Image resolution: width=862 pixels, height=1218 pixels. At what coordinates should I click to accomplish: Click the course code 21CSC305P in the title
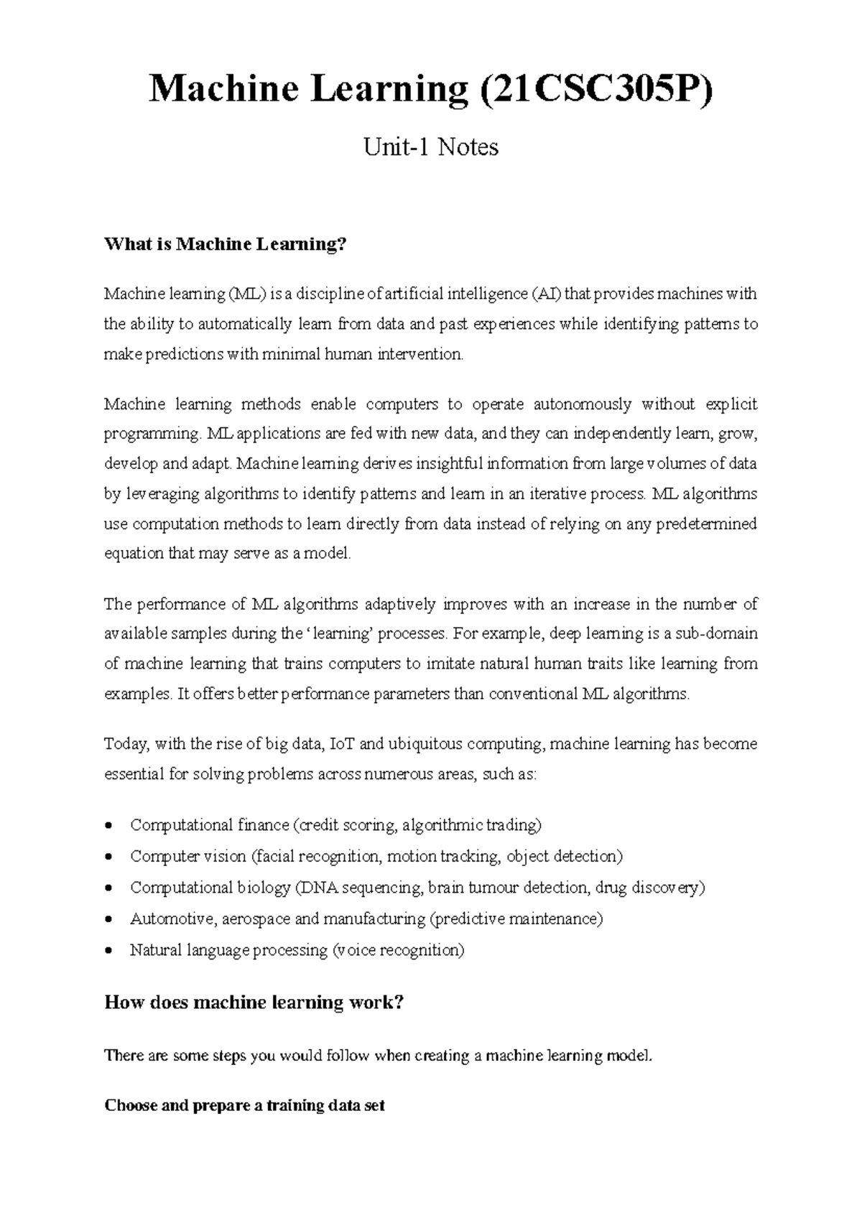(x=600, y=90)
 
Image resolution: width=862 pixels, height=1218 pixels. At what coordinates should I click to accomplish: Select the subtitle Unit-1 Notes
(x=431, y=147)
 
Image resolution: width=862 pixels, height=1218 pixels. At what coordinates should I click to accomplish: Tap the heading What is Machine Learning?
(x=226, y=245)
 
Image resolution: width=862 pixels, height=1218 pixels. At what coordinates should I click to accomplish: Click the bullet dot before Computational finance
(x=108, y=826)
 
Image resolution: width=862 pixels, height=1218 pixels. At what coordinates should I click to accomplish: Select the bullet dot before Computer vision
(x=108, y=857)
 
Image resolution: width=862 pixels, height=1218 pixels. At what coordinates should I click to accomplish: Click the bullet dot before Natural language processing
(x=108, y=951)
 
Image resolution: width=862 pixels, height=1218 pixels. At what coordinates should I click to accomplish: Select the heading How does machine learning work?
(x=254, y=1003)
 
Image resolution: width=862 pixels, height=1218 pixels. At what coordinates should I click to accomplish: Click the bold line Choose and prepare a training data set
(x=244, y=1105)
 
